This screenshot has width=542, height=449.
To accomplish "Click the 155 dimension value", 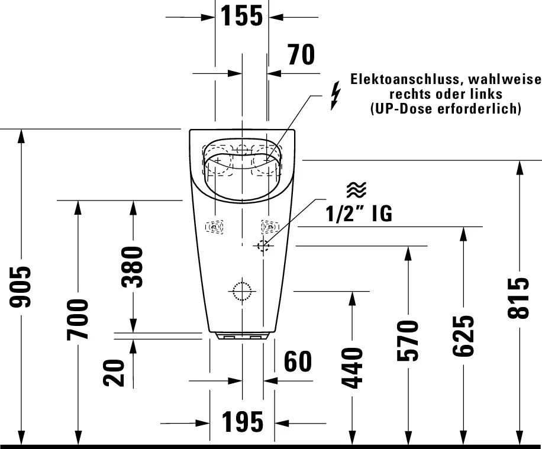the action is [x=241, y=16].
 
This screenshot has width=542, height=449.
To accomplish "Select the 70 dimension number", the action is [x=301, y=54].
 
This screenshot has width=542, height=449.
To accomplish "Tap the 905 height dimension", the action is [x=20, y=286].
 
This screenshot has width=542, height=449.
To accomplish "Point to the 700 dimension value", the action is [x=78, y=319].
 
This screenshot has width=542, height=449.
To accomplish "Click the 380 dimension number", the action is [x=133, y=267].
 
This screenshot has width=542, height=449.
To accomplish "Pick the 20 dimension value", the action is [x=114, y=373].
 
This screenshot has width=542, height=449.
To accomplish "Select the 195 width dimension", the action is [x=243, y=422].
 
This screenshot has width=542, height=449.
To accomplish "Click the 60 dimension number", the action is [x=298, y=361].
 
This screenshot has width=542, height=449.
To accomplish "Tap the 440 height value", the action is [x=352, y=368].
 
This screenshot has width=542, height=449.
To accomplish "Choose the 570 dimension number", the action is [x=408, y=341].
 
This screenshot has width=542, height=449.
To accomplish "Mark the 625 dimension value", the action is [x=463, y=335].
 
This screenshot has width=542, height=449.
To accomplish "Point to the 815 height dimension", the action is [x=518, y=298].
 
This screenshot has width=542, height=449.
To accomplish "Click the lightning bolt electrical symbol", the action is [x=335, y=96].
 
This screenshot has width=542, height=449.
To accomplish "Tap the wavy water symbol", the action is [x=356, y=190].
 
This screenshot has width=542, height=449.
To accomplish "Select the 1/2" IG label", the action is [x=359, y=214].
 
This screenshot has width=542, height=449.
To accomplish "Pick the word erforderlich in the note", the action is [x=479, y=108].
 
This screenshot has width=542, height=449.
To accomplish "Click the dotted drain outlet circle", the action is [x=242, y=291].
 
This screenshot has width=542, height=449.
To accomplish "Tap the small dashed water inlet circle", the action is [x=263, y=246].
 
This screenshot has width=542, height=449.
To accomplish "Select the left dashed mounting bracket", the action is [x=214, y=227].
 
